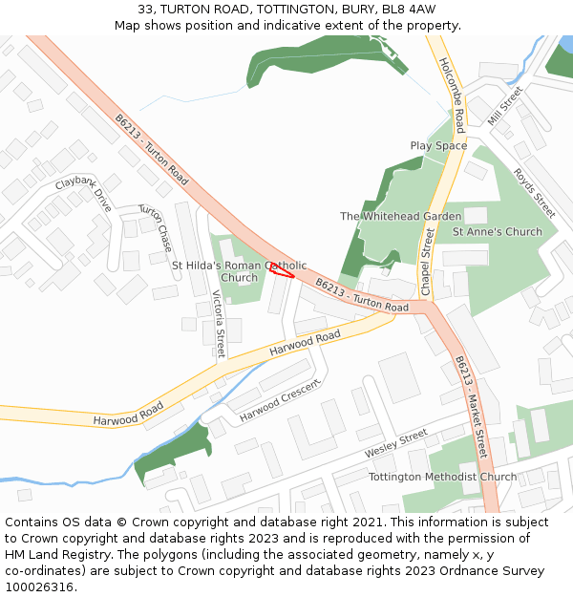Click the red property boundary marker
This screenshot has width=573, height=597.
[282, 269]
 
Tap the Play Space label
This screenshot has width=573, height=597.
[438, 146]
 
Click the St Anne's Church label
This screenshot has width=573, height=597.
[497, 232]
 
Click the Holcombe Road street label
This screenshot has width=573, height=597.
[452, 94]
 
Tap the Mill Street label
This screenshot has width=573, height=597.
[505, 105]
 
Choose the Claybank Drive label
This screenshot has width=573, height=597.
[83, 194]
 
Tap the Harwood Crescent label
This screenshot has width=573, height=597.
[280, 400]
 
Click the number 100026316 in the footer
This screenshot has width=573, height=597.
[39, 586]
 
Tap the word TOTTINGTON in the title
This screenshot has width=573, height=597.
[292, 10]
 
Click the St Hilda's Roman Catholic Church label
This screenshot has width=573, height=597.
[239, 271]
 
